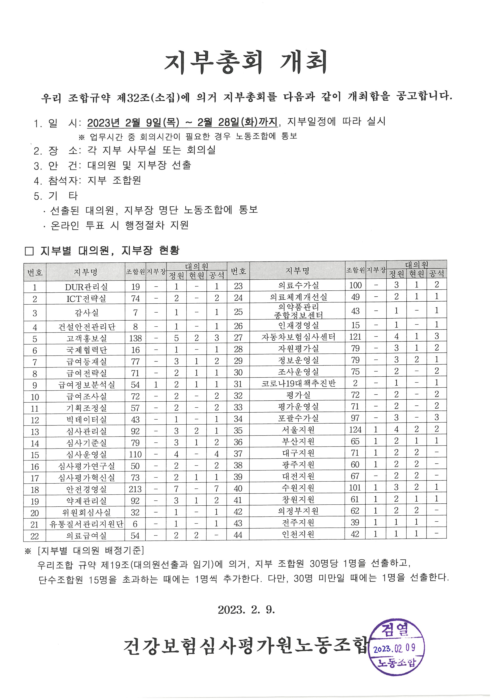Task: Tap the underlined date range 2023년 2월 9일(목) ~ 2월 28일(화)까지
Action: pyautogui.click(x=182, y=122)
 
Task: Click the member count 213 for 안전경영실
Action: pyautogui.click(x=135, y=489)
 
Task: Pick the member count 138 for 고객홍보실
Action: pyautogui.click(x=135, y=338)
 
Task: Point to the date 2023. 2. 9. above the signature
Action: pyautogui.click(x=246, y=610)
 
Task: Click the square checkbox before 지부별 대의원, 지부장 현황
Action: pyautogui.click(x=29, y=251)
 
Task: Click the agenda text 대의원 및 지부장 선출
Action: pyautogui.click(x=139, y=165)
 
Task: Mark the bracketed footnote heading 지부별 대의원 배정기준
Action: pyautogui.click(x=91, y=550)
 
